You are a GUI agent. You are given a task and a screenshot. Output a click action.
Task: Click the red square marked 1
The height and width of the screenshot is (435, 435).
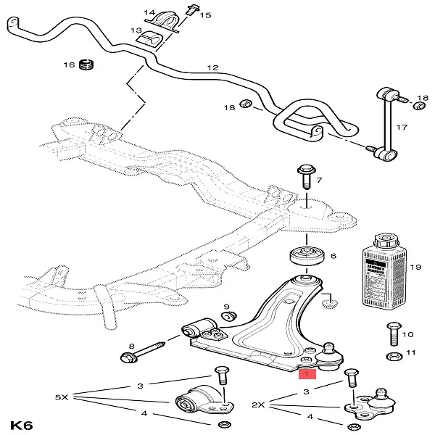(x=306, y=375)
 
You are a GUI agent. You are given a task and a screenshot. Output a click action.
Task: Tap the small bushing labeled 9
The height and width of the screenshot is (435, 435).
(x=228, y=316)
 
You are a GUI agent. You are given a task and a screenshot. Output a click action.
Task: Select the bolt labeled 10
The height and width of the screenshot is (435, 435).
(x=392, y=331)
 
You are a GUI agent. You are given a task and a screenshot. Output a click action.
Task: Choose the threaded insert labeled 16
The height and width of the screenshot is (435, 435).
(x=88, y=65)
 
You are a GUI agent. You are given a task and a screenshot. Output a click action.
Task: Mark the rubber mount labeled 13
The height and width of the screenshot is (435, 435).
(x=154, y=39)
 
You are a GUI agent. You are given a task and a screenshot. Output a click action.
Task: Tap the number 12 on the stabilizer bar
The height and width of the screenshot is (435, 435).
(x=212, y=67)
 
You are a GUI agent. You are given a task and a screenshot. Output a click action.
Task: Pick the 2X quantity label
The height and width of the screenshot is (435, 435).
(x=259, y=405)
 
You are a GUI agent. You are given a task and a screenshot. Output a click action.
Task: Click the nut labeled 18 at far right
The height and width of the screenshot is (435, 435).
(x=419, y=106)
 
